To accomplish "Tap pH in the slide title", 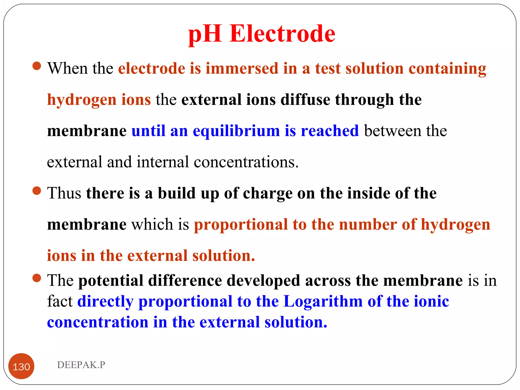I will (205, 34).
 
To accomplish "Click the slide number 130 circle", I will (21, 366).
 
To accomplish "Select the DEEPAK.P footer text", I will (81, 365).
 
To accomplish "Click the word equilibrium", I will (236, 131).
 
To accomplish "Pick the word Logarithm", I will (323, 302).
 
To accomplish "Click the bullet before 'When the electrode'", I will (37, 66).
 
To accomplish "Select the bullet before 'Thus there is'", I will (37, 191).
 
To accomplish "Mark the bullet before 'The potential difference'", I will (37, 278).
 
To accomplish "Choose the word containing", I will (447, 69).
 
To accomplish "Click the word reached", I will (330, 131).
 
